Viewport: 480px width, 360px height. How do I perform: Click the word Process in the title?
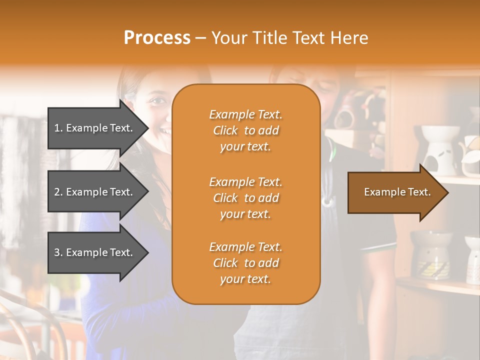157,38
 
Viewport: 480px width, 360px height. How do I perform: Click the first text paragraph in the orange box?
245,130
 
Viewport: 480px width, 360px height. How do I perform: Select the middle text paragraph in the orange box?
245,198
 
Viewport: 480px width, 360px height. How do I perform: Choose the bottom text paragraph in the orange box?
245,263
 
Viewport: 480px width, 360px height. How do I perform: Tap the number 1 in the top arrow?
57,128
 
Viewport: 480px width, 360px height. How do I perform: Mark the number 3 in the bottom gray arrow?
57,252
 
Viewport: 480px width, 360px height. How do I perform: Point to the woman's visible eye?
158,101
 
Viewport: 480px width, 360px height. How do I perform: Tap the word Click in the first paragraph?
225,130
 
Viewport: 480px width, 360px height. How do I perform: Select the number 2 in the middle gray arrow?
57,192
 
